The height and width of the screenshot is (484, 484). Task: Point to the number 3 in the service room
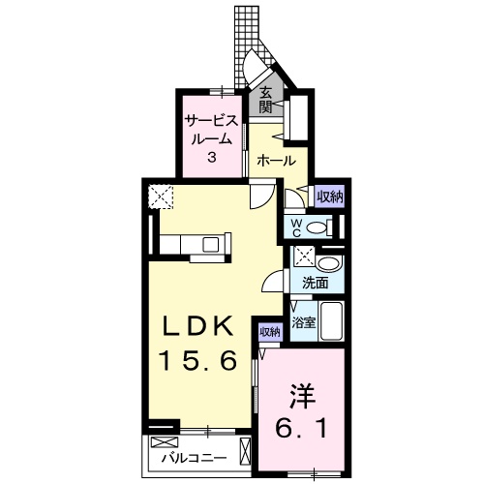[x=210, y=157]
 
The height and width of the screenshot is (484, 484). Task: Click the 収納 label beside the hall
[x=330, y=197]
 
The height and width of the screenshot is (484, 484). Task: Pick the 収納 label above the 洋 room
[x=269, y=332]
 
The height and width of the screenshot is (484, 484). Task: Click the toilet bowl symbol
[x=331, y=227]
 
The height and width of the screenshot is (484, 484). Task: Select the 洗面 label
[x=315, y=284]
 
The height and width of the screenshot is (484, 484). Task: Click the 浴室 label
[x=304, y=321]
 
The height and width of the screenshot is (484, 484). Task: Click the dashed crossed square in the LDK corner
[x=162, y=198]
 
